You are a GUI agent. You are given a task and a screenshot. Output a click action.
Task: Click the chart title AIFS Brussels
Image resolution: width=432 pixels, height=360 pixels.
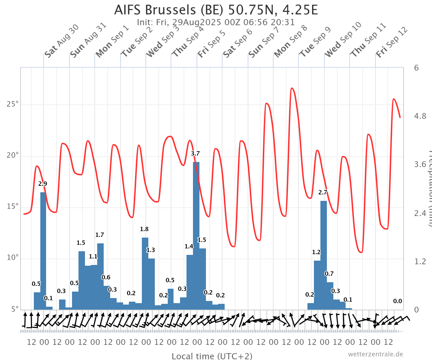click(x=216, y=10)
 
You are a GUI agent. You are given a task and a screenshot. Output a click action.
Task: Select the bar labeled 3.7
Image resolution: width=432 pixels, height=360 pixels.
click(x=196, y=234)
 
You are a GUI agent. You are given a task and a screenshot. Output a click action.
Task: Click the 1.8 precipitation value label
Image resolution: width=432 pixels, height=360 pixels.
click(x=144, y=229)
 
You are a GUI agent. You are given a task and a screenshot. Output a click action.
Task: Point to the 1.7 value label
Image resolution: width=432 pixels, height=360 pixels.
click(x=100, y=235)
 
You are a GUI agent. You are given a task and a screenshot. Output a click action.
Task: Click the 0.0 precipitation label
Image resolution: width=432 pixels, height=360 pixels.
click(x=397, y=301)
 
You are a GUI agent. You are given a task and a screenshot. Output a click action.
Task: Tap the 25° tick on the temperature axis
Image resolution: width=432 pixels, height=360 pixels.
click(x=13, y=105)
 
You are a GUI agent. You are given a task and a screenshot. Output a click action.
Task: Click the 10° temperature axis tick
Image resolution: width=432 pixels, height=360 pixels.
click(x=13, y=258)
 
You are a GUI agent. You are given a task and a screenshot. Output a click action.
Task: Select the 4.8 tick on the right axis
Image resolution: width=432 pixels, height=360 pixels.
click(x=420, y=116)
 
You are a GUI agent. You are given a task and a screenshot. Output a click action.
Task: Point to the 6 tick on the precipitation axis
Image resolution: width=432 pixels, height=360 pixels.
click(x=416, y=68)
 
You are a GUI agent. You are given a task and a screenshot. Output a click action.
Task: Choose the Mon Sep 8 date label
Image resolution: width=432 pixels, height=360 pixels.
click(x=291, y=41)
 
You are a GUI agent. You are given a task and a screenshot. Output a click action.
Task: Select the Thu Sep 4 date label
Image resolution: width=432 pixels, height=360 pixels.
click(x=188, y=41)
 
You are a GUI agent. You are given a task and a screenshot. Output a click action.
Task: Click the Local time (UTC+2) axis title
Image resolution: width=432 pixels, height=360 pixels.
click(x=212, y=356)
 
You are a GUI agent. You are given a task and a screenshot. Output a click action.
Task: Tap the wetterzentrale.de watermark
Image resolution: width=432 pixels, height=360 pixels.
click(x=375, y=354)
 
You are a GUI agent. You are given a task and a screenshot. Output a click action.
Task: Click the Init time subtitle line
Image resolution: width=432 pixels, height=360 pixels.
click(x=216, y=22)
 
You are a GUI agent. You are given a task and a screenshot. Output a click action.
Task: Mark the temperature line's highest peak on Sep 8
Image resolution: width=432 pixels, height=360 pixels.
click(x=292, y=88)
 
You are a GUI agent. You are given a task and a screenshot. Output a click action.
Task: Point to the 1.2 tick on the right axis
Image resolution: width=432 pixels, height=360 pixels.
click(x=420, y=261)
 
